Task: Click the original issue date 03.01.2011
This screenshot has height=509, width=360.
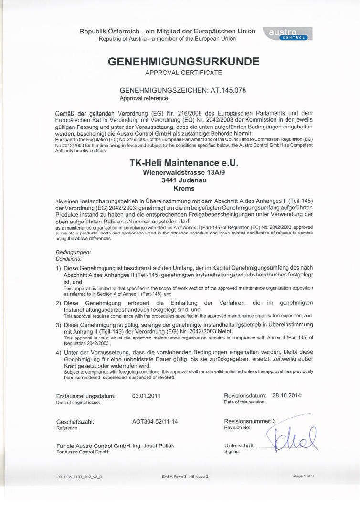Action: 148,396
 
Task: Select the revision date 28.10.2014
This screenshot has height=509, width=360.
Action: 286,395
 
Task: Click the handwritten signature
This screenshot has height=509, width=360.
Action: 291,437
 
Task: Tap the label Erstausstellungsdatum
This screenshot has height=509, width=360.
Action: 85,396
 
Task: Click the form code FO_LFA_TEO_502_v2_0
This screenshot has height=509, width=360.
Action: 79,477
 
